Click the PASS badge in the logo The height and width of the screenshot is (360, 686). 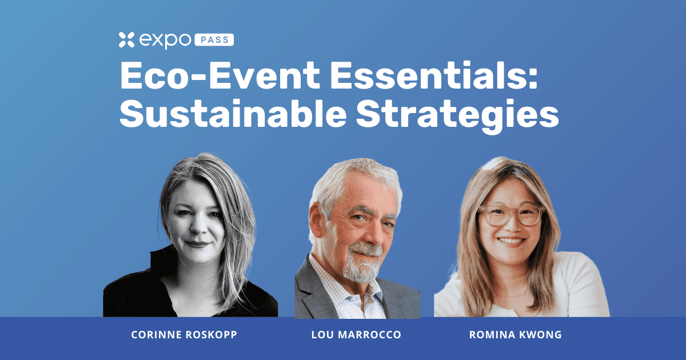point(215,40)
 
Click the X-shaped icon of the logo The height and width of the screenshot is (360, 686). point(126,40)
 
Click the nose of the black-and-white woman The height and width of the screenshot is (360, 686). point(199,226)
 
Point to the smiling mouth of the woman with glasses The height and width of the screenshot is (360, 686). point(511,241)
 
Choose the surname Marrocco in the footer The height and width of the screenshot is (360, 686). point(375,335)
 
